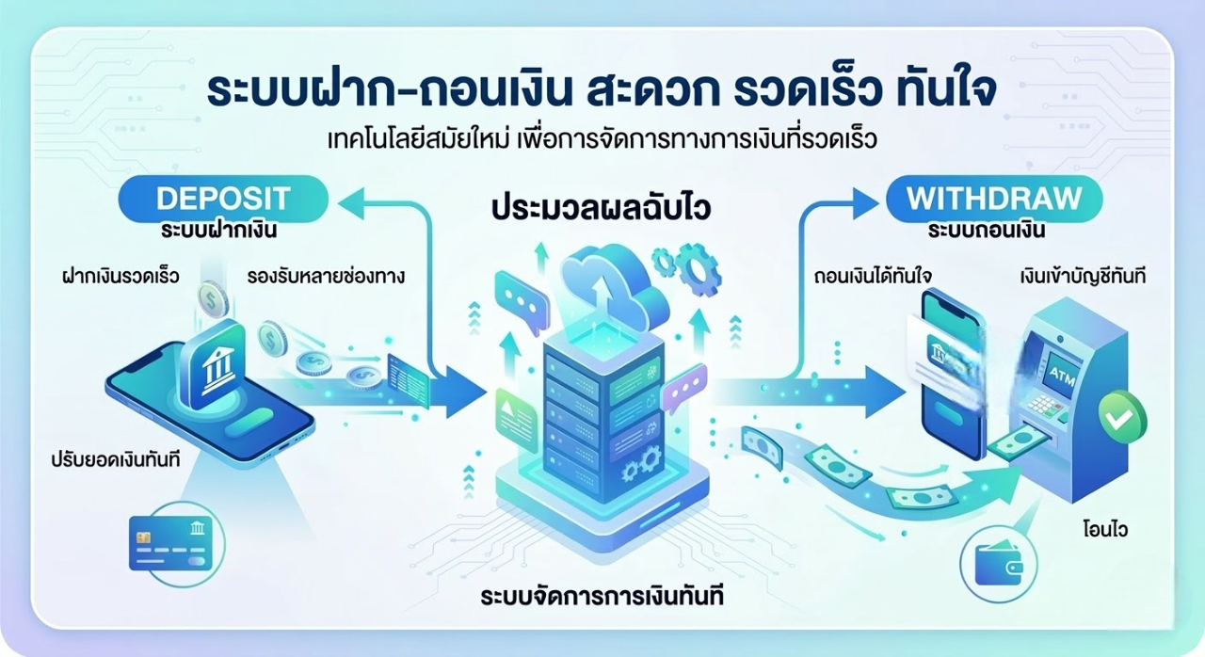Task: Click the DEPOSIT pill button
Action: pos(223,199)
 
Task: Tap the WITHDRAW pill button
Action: pos(994,199)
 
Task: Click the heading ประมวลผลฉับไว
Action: pos(602,209)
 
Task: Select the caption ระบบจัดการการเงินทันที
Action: pos(602,596)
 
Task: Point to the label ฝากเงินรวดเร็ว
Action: pos(120,277)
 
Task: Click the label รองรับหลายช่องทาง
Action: pos(326,277)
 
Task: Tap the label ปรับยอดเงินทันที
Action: pos(116,460)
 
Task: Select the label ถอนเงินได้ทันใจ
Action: pos(873,277)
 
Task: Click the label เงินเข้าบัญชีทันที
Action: pos(1083,277)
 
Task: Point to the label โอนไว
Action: pos(1105,530)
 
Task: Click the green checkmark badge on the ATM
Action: pos(1122,416)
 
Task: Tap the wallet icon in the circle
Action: pos(999,565)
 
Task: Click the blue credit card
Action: pos(170,543)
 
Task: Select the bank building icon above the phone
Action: pos(214,365)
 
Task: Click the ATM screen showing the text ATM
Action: pos(1055,372)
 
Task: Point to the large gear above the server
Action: pos(698,270)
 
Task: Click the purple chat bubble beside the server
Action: pos(683,387)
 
